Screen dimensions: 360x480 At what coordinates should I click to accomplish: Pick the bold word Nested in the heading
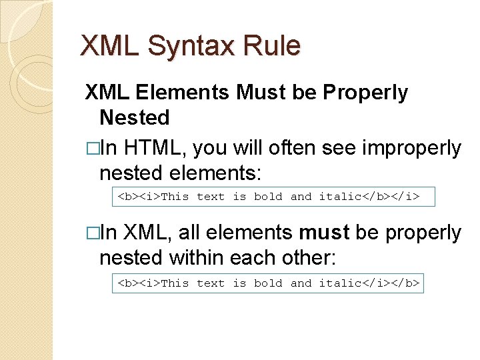[x=134, y=118]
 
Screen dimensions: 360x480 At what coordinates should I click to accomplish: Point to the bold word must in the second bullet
[x=324, y=233]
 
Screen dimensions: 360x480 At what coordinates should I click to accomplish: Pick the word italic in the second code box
[x=339, y=283]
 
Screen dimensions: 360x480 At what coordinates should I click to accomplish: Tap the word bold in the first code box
[x=268, y=197]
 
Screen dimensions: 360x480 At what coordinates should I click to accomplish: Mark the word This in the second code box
[x=175, y=283]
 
